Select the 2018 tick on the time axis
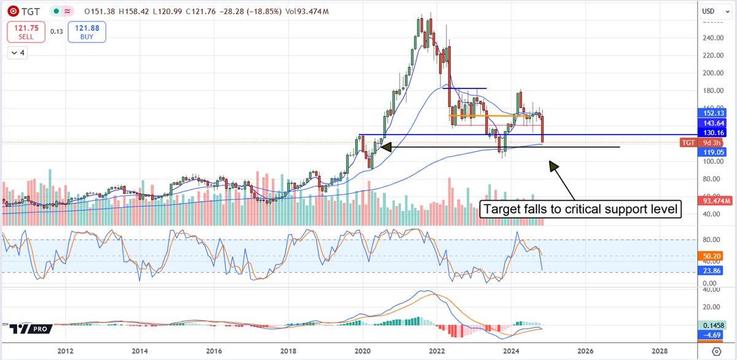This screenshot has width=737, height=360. [x=288, y=351]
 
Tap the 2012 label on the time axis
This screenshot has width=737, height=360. [x=65, y=351]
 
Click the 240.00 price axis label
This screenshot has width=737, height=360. [x=712, y=38]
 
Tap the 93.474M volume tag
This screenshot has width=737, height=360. [x=716, y=201]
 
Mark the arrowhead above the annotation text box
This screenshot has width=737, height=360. [x=553, y=166]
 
